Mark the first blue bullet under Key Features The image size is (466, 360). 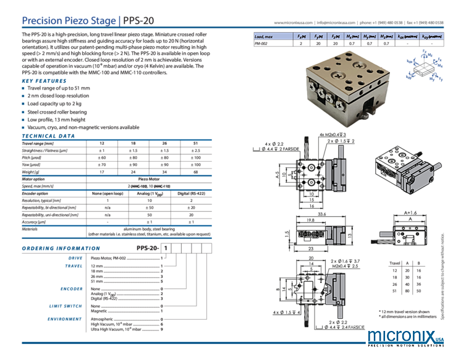23,88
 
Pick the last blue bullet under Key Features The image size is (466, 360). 23,127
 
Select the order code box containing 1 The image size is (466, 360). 165,248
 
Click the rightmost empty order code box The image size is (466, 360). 208,248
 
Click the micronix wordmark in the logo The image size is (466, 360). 395,337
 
